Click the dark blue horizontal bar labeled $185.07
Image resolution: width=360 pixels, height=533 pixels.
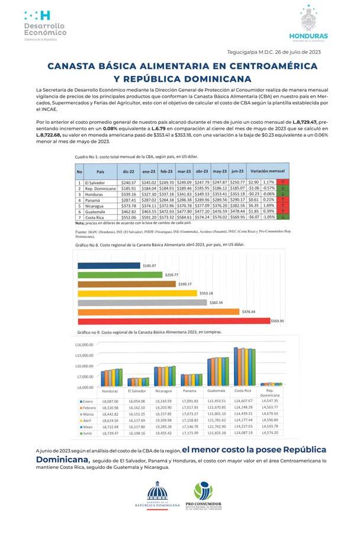tap(108, 266)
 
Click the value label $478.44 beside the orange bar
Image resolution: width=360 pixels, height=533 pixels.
tap(249, 311)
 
